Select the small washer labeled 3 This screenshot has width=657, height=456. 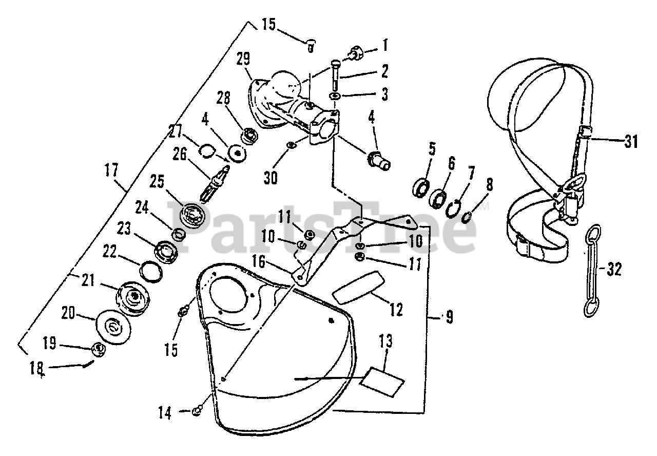[334, 96]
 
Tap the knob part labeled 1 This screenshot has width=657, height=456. [354, 52]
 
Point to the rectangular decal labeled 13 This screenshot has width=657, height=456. [382, 382]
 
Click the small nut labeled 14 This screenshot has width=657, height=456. [197, 410]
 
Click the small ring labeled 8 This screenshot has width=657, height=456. [468, 217]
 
